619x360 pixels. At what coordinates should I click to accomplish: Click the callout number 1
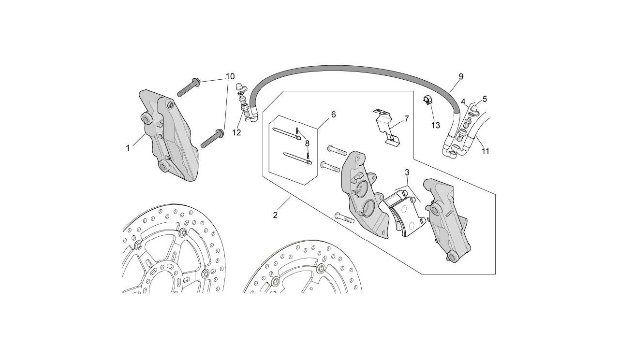(128, 148)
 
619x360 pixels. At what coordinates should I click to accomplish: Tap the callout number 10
(230, 76)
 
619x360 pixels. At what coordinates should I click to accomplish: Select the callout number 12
(236, 133)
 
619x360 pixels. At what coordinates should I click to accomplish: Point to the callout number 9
(461, 76)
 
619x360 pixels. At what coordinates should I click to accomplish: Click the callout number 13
(436, 125)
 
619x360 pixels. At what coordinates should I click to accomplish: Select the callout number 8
(307, 144)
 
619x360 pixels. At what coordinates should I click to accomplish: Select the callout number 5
(484, 99)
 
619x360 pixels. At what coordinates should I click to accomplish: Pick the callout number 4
(463, 102)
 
